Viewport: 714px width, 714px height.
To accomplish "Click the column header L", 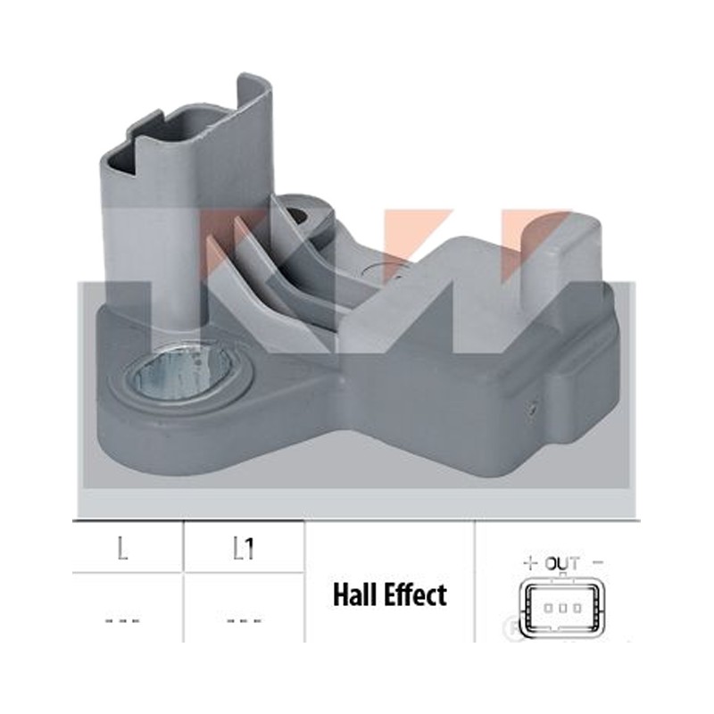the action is (122, 549).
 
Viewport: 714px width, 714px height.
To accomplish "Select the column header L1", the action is (244, 549).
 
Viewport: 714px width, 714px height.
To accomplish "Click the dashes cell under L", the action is (122, 620).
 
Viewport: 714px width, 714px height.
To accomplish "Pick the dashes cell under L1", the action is (244, 620).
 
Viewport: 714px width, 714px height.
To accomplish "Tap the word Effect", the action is (417, 594).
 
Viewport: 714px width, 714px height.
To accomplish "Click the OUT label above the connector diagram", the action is (562, 564).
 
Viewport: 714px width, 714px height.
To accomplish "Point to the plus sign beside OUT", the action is (529, 564).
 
